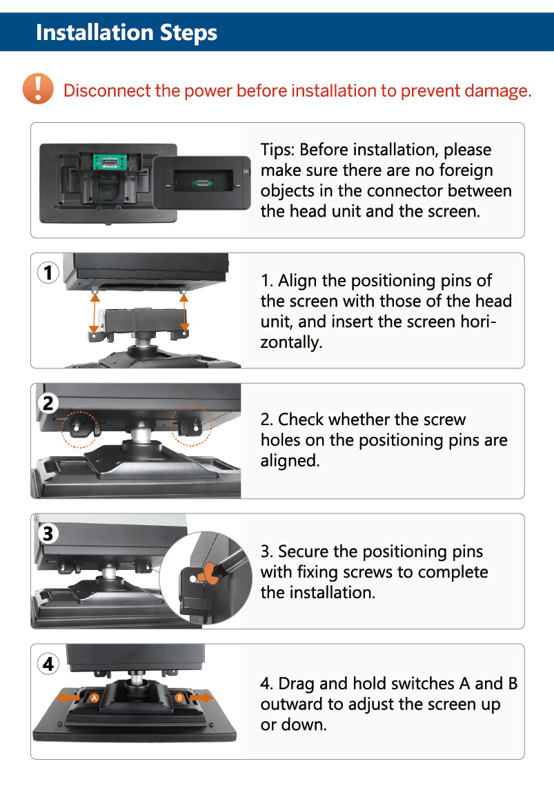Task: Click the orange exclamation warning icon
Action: [x=38, y=89]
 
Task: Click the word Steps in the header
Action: [x=188, y=32]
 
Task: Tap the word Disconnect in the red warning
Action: [x=107, y=90]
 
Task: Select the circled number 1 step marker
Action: [x=48, y=273]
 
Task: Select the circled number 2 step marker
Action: [x=48, y=403]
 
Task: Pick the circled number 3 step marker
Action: [x=48, y=533]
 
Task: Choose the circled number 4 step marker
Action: [x=48, y=664]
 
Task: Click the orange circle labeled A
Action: [x=95, y=698]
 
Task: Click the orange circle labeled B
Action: [x=180, y=698]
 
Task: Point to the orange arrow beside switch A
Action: [x=68, y=697]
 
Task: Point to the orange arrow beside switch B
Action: [x=202, y=697]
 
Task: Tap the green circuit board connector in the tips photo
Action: [x=110, y=162]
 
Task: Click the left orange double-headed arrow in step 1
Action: [x=95, y=313]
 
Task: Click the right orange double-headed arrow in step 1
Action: [x=184, y=313]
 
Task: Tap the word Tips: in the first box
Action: [x=277, y=150]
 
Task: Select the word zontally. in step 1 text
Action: [x=291, y=342]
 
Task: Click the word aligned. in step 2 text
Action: [x=290, y=461]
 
